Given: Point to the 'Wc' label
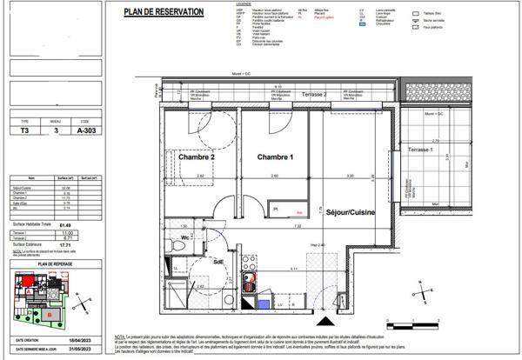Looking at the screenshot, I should click(186, 237).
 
